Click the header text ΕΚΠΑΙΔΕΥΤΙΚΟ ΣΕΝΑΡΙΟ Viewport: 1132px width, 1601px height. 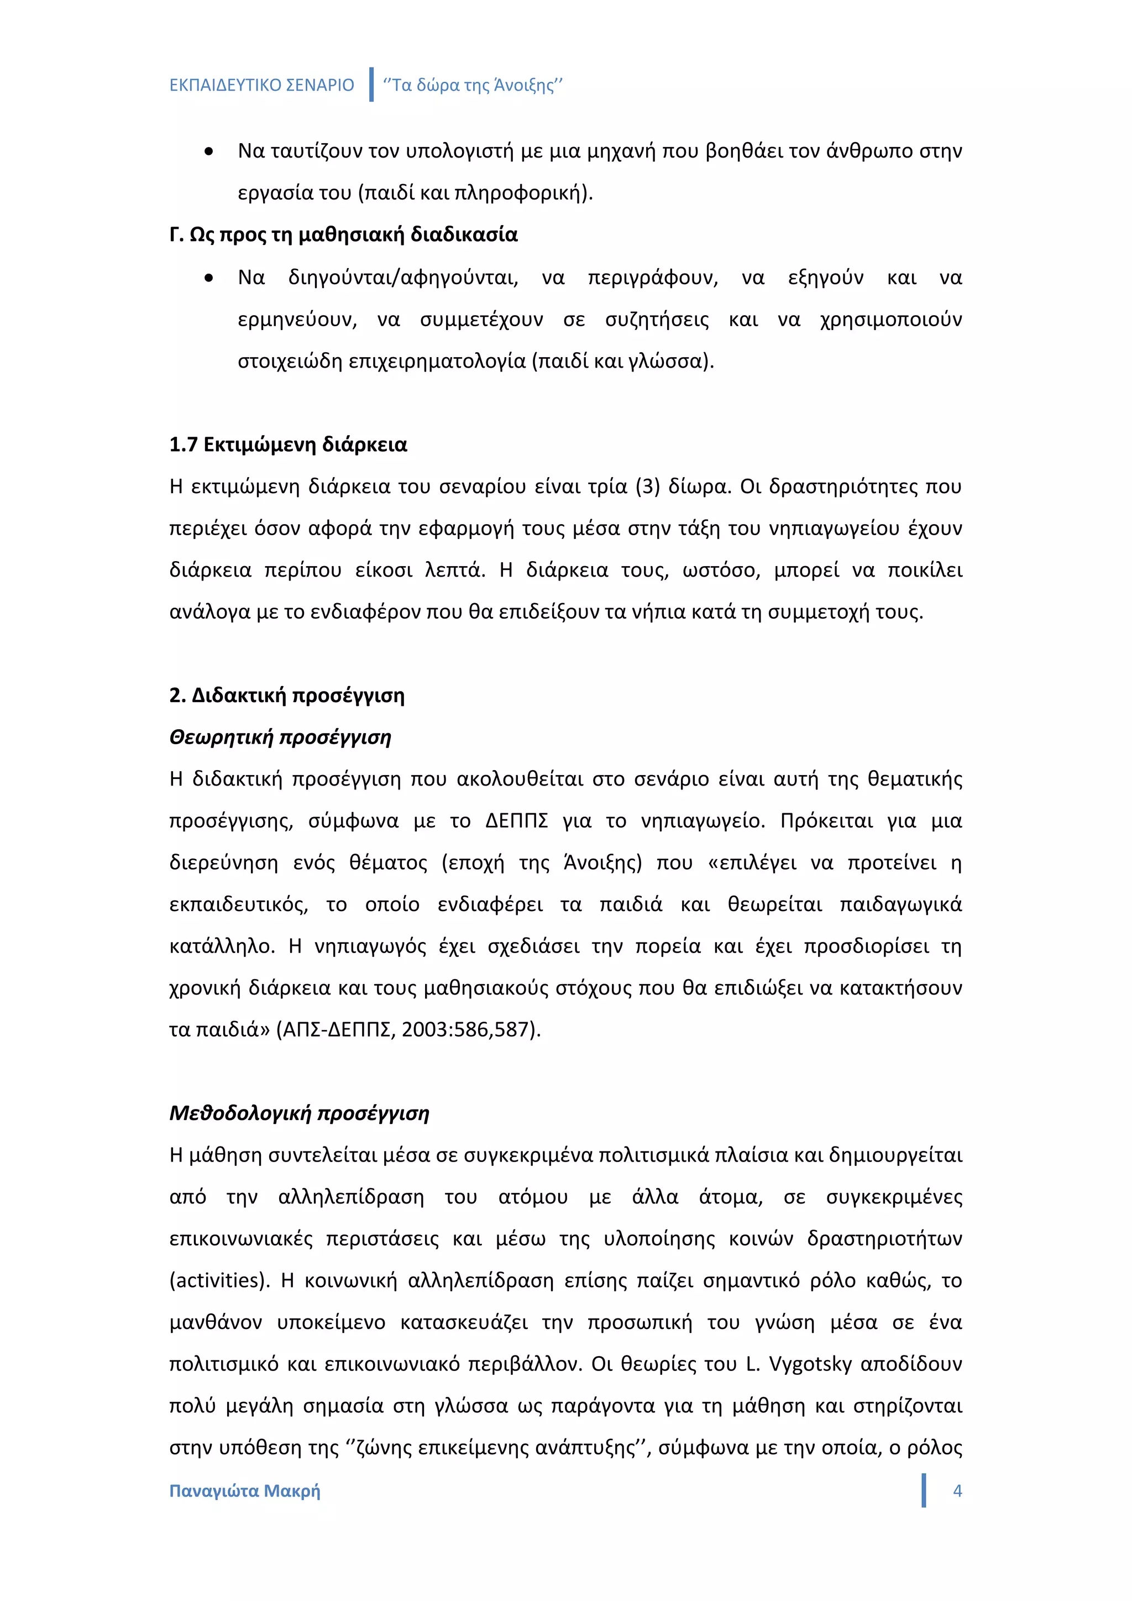point(261,85)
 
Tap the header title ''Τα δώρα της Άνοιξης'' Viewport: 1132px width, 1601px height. point(473,85)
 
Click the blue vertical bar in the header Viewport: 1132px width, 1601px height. point(371,85)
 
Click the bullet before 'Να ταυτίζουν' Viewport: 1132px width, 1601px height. point(208,151)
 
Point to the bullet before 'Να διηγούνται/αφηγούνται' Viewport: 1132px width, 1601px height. point(208,278)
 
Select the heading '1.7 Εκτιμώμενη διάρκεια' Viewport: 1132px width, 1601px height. point(288,445)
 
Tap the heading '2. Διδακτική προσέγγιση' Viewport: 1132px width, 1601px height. point(286,695)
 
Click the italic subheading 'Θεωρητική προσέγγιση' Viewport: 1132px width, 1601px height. point(280,737)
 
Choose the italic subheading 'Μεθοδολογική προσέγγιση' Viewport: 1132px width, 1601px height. point(299,1113)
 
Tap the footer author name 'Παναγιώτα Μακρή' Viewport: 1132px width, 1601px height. point(245,1491)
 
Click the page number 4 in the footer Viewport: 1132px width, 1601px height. point(957,1491)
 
